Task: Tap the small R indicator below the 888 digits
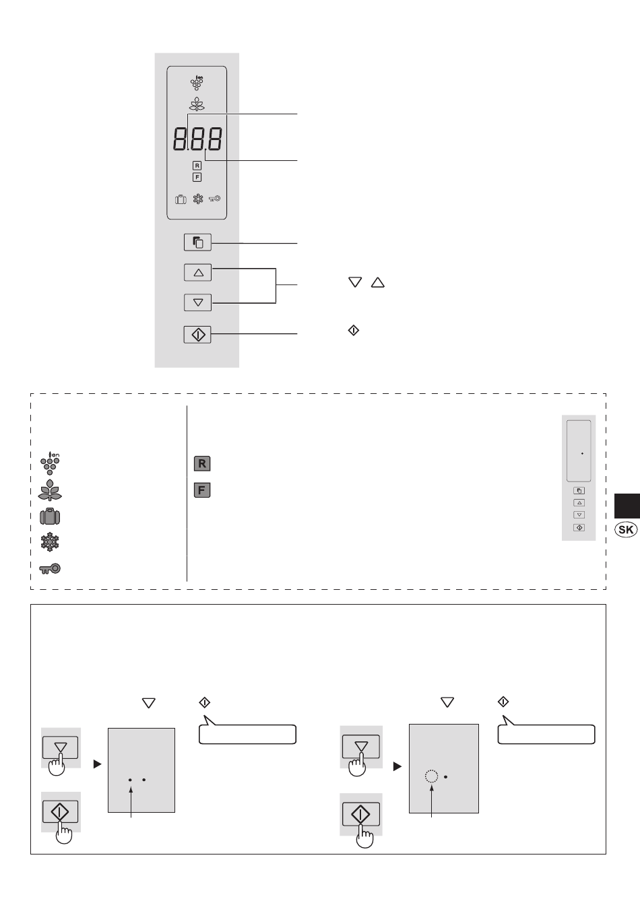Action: click(197, 166)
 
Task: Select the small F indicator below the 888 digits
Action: click(197, 177)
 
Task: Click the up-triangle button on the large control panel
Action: click(197, 273)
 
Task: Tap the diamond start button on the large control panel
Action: click(197, 334)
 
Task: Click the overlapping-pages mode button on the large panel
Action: click(197, 242)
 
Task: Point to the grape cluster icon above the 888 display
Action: click(197, 82)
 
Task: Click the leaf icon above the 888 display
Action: click(197, 105)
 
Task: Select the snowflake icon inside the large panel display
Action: click(198, 199)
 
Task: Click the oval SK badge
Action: click(626, 530)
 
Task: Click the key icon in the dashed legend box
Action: click(51, 569)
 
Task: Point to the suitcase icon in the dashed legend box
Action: click(51, 517)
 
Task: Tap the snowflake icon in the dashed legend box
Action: click(51, 543)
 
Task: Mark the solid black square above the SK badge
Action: click(627, 505)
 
